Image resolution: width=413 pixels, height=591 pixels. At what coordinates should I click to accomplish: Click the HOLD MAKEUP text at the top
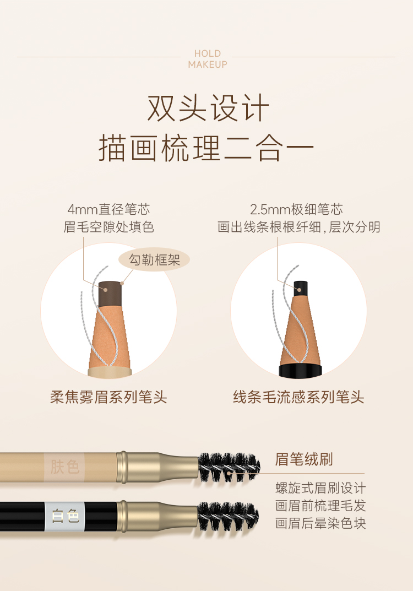pos(208,59)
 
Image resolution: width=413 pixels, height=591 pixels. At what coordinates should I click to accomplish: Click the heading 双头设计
pos(208,108)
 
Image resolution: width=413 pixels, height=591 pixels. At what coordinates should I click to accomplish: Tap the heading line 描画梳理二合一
pos(206,149)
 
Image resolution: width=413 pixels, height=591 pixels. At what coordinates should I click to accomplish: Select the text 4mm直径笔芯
pos(108,209)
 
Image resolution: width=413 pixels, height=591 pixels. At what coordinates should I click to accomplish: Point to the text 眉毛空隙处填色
pos(108,227)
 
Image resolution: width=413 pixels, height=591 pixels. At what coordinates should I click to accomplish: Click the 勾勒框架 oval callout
pos(154,259)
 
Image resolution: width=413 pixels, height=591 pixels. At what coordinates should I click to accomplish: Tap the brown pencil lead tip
pos(110,293)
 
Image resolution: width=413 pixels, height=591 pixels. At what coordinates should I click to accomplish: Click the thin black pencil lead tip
pos(300,288)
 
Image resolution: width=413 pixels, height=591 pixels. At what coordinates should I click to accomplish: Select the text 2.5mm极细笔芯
pos(297,209)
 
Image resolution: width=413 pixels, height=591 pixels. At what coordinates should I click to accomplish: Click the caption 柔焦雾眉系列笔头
pos(108,397)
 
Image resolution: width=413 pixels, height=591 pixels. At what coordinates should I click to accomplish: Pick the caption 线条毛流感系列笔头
pos(298,397)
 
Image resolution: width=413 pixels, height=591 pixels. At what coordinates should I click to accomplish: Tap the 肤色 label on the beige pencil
pos(64,467)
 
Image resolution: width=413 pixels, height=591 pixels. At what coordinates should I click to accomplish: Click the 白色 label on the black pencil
pos(65,516)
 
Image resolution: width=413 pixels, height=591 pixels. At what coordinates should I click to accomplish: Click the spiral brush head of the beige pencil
pos(229,468)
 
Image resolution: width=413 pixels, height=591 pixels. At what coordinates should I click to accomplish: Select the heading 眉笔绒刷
pos(304,459)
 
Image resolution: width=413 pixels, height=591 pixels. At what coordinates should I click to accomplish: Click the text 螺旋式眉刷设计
pos(320,488)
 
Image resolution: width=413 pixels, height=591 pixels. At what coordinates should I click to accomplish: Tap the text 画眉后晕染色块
pos(320,523)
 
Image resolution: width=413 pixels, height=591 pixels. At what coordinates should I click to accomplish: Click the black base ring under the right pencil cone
pos(300,370)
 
